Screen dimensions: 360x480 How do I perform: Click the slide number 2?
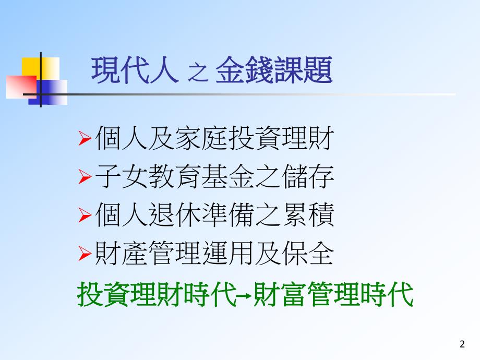tap(462, 344)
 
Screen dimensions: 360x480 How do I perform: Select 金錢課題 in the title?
tap(273, 71)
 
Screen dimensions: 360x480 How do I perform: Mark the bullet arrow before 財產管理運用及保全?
tap(85, 255)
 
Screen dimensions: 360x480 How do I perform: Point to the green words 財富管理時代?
tap(333, 295)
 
